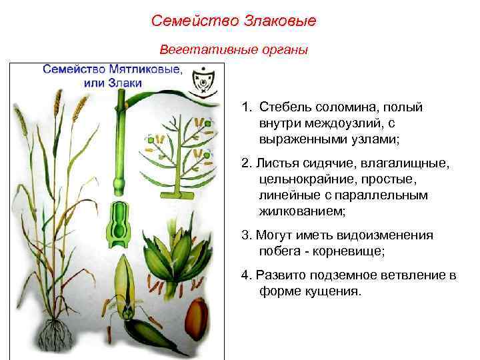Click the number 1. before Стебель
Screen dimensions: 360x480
(247, 107)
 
